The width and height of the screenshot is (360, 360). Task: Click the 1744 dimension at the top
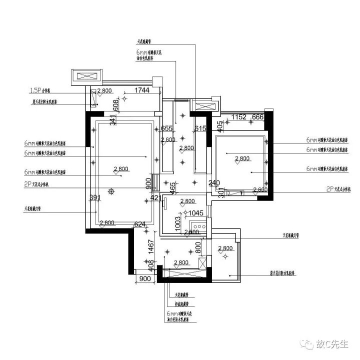142,91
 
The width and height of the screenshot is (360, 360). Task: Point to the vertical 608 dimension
115,104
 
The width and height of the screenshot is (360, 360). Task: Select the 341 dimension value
112,120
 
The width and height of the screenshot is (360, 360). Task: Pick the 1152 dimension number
239,117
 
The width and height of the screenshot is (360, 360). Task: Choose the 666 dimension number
258,117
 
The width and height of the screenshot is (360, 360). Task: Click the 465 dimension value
172,188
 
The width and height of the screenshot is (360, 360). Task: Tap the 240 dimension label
214,183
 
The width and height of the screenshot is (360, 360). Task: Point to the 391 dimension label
95,197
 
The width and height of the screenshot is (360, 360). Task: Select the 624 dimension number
140,224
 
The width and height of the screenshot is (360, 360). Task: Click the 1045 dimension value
195,213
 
